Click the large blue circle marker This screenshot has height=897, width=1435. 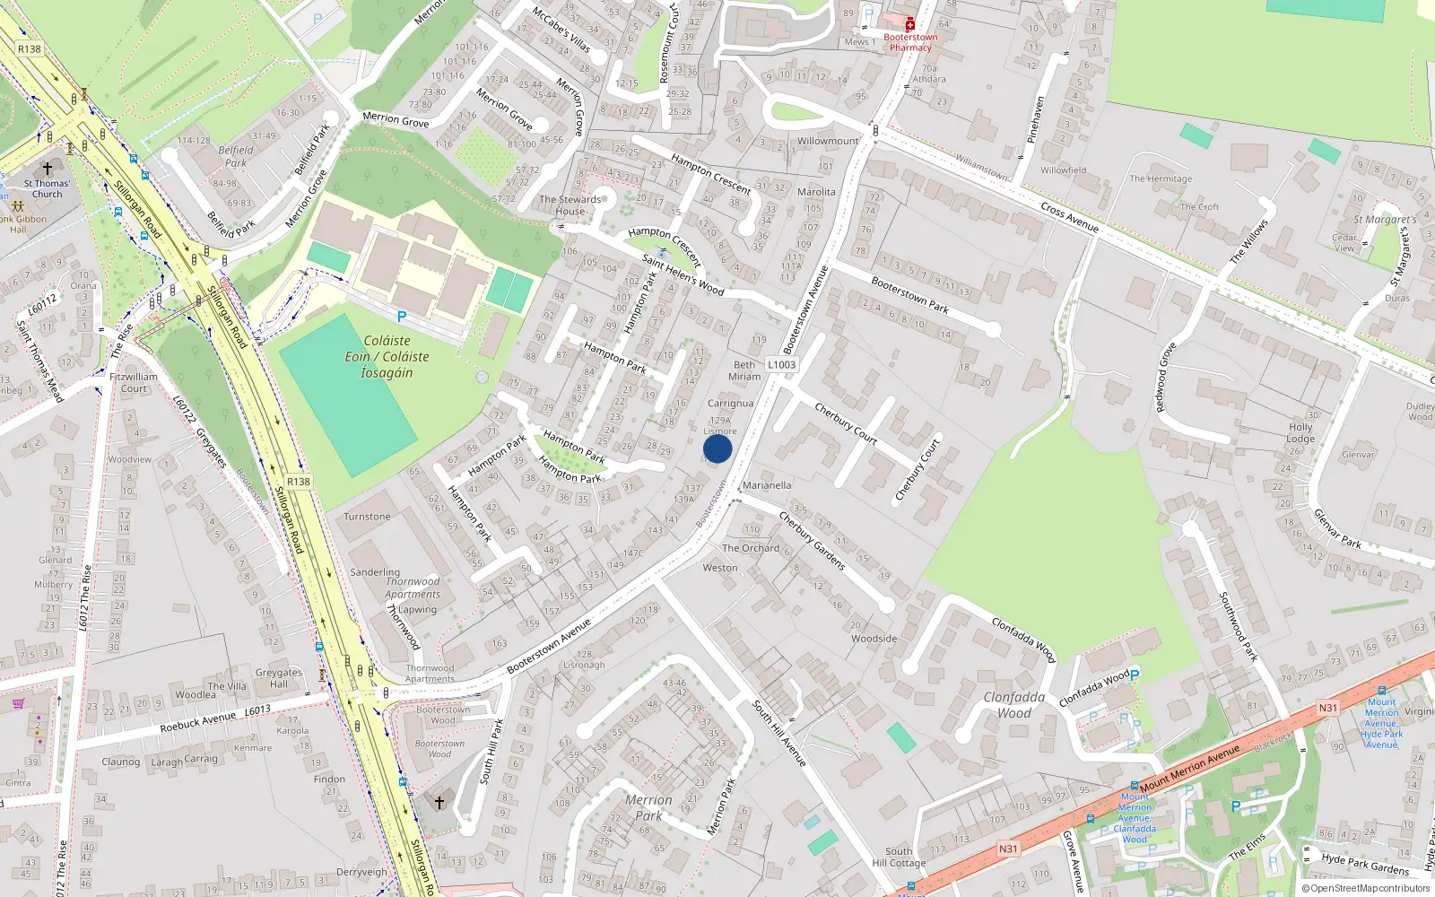click(x=717, y=448)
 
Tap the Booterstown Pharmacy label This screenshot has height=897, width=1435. click(x=910, y=42)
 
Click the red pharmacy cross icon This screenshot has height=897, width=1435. click(x=909, y=24)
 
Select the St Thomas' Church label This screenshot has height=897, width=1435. click(x=48, y=188)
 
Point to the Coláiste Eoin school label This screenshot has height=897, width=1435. click(x=387, y=357)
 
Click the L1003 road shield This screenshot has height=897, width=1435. click(x=781, y=364)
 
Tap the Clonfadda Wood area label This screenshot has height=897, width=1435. click(x=1014, y=704)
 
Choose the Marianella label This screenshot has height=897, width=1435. click(x=767, y=485)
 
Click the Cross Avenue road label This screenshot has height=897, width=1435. click(x=1069, y=217)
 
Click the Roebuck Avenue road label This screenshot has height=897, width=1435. click(x=198, y=721)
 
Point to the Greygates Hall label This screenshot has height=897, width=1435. click(x=279, y=677)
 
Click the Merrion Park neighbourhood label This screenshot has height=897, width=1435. click(x=648, y=807)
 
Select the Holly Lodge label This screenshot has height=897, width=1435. click(x=1300, y=433)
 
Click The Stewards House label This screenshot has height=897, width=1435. click(x=570, y=205)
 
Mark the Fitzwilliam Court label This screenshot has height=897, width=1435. click(x=134, y=383)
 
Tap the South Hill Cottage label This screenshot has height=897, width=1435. click(x=899, y=857)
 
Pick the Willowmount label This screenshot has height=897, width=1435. click(x=828, y=141)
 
